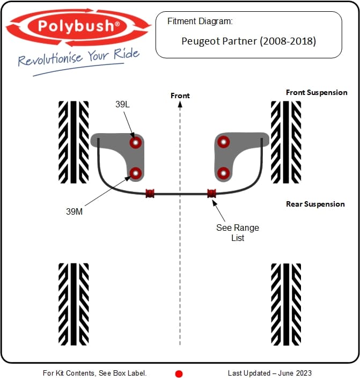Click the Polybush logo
[78, 27]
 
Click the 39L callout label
[122, 104]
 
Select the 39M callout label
[75, 211]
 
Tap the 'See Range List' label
[238, 232]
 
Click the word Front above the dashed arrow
[180, 96]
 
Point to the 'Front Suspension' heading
[317, 93]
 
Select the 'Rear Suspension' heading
[315, 204]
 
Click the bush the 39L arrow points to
[136, 142]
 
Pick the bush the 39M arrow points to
[136, 173]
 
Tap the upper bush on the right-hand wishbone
[224, 142]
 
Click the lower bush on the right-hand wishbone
[224, 173]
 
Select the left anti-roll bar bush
[150, 193]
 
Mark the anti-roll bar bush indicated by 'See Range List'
[211, 193]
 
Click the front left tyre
[74, 142]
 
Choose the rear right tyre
[286, 304]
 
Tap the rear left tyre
[74, 304]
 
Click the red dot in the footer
[179, 374]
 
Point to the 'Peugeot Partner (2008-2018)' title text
[249, 41]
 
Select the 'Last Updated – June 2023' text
[270, 373]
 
